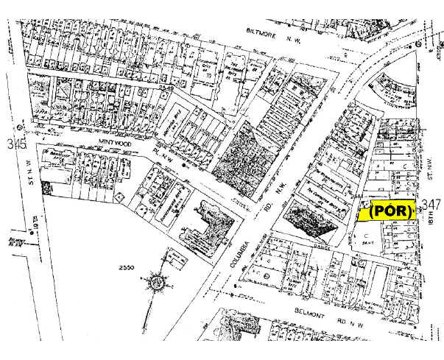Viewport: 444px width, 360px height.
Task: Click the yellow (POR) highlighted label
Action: tap(390, 211)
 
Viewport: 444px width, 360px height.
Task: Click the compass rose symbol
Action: tap(157, 281)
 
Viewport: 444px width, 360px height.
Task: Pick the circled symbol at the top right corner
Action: tap(418, 45)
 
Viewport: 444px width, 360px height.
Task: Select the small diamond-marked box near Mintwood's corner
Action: tap(119, 197)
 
